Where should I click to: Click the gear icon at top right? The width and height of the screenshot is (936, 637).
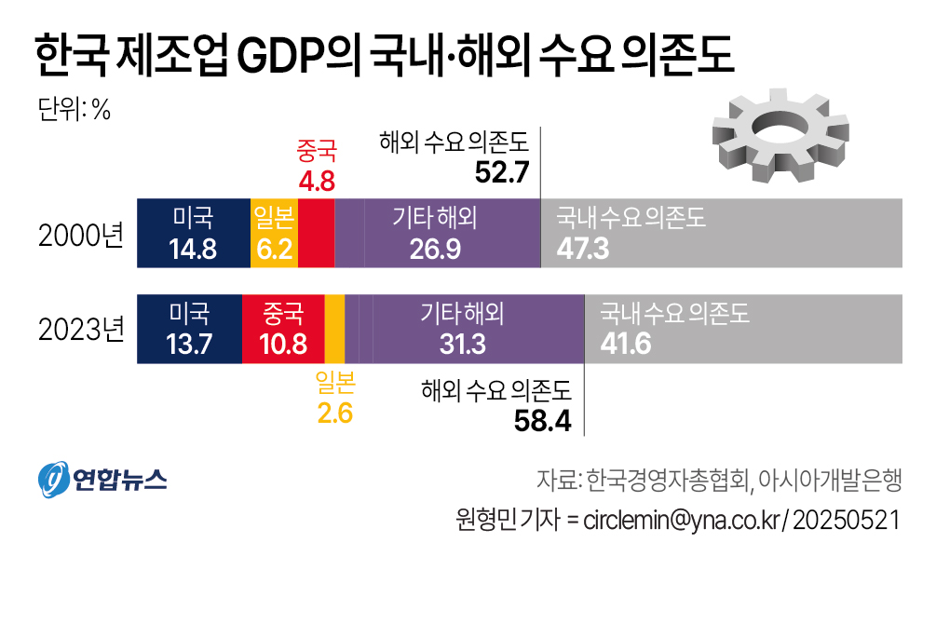tap(780, 140)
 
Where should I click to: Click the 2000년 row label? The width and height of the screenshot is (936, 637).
tap(81, 235)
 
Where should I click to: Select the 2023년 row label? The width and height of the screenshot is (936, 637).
tap(81, 330)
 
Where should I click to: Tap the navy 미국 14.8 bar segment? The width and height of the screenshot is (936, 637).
tap(193, 234)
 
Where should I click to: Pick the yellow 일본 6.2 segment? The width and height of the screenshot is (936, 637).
tap(274, 234)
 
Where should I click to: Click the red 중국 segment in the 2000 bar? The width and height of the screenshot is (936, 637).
tap(316, 234)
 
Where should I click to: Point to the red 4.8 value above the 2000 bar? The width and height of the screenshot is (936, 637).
tap(316, 178)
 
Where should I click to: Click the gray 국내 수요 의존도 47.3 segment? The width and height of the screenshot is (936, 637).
tap(721, 234)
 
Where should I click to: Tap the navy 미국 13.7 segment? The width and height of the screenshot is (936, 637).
tap(189, 329)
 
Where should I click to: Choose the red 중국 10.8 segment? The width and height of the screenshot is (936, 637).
tap(283, 329)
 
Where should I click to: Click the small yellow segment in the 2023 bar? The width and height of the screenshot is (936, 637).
tap(334, 329)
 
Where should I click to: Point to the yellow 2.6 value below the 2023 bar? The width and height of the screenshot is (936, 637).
tap(335, 413)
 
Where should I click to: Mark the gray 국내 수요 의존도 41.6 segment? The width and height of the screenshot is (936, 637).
tap(743, 329)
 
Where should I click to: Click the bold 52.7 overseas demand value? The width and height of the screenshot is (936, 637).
tap(502, 173)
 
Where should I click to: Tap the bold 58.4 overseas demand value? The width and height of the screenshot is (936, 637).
tap(543, 421)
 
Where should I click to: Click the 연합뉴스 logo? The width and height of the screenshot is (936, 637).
tap(102, 479)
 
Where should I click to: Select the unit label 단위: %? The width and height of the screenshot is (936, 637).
tap(75, 109)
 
